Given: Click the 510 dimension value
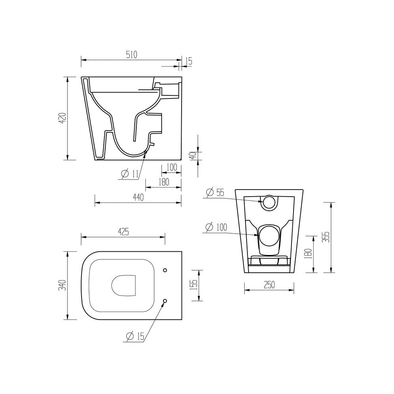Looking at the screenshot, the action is click(x=132, y=55).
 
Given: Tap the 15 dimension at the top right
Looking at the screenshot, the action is click(x=189, y=61).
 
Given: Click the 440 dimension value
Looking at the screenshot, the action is click(x=138, y=197).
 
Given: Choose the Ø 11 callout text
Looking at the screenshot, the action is click(x=130, y=174).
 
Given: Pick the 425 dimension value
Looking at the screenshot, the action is click(x=123, y=232).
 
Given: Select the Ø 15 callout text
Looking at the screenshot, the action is click(x=136, y=336).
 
